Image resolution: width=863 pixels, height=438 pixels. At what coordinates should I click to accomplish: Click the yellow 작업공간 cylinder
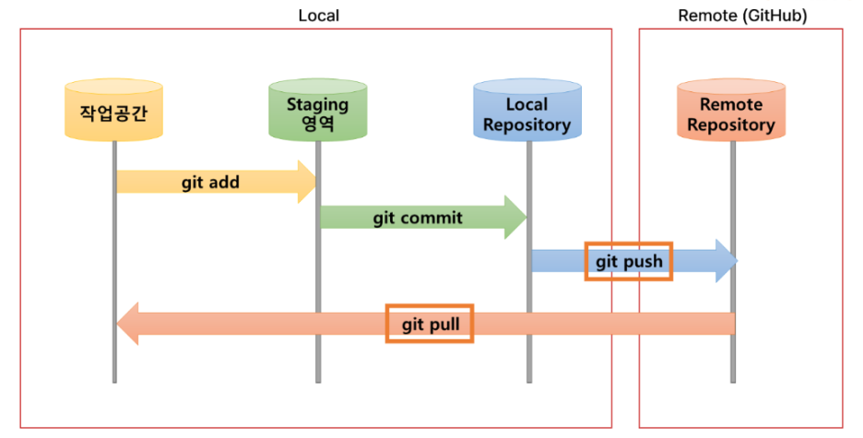pyautogui.click(x=113, y=110)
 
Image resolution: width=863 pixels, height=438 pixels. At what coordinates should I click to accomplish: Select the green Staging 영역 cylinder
pyautogui.click(x=317, y=110)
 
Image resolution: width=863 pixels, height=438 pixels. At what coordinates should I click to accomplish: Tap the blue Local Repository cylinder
pyautogui.click(x=527, y=110)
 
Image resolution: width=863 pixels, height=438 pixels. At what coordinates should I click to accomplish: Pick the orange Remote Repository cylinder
pyautogui.click(x=731, y=110)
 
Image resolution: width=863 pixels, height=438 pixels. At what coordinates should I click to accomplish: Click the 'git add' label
pyautogui.click(x=210, y=183)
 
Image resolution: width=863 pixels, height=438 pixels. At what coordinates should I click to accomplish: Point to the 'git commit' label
pyautogui.click(x=418, y=218)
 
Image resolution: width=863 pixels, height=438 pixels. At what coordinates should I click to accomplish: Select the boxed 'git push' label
pyautogui.click(x=629, y=261)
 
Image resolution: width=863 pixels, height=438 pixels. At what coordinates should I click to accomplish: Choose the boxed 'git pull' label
pyautogui.click(x=430, y=324)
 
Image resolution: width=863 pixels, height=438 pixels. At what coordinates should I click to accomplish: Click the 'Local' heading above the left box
pyautogui.click(x=319, y=16)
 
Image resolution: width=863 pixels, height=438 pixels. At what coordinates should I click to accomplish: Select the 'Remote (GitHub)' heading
pyautogui.click(x=742, y=16)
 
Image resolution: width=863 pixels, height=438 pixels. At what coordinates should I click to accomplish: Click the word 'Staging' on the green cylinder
pyautogui.click(x=317, y=104)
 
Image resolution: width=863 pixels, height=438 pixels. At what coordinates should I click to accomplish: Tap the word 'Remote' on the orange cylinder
pyautogui.click(x=731, y=104)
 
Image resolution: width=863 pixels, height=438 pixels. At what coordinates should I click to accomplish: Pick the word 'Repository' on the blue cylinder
pyautogui.click(x=526, y=124)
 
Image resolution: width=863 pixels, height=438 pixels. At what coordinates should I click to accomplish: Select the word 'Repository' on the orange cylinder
pyautogui.click(x=731, y=124)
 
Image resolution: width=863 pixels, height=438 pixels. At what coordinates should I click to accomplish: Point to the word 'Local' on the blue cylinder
pyautogui.click(x=526, y=104)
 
